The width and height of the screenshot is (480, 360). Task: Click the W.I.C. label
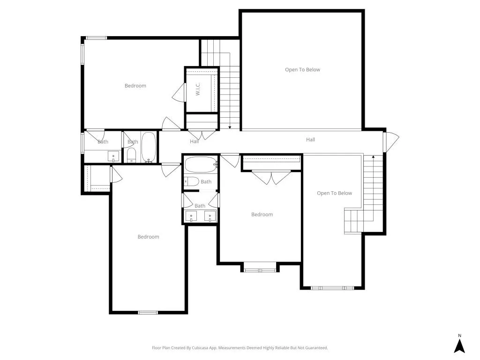(x=198, y=89)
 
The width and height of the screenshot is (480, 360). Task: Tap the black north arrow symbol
(x=459, y=346)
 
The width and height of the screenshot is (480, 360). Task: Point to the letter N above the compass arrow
(x=459, y=336)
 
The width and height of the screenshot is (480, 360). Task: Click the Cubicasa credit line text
(x=240, y=348)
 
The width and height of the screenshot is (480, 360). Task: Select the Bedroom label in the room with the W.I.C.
(x=135, y=86)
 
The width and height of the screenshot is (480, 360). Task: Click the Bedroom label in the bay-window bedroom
(x=262, y=214)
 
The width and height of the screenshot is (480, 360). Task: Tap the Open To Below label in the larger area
(x=302, y=70)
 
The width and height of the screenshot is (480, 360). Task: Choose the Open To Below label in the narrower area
(x=334, y=193)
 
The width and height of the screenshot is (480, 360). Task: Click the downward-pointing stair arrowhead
(x=230, y=127)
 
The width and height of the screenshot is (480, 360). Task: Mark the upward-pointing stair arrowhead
(x=373, y=157)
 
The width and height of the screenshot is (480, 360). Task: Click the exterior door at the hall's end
(x=391, y=142)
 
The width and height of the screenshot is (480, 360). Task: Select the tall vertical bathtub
(x=149, y=147)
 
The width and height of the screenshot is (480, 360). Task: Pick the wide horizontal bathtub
(x=201, y=165)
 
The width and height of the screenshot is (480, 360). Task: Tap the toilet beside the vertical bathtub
(x=131, y=155)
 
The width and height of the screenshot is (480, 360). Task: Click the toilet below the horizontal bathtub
(x=192, y=181)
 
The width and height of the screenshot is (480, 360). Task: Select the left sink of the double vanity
(x=191, y=216)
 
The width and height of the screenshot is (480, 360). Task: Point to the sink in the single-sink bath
(x=113, y=156)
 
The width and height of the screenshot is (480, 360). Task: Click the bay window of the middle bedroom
(x=260, y=270)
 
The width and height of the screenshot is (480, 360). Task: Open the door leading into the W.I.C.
(x=179, y=92)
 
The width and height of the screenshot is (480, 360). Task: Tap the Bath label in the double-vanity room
(x=200, y=206)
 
